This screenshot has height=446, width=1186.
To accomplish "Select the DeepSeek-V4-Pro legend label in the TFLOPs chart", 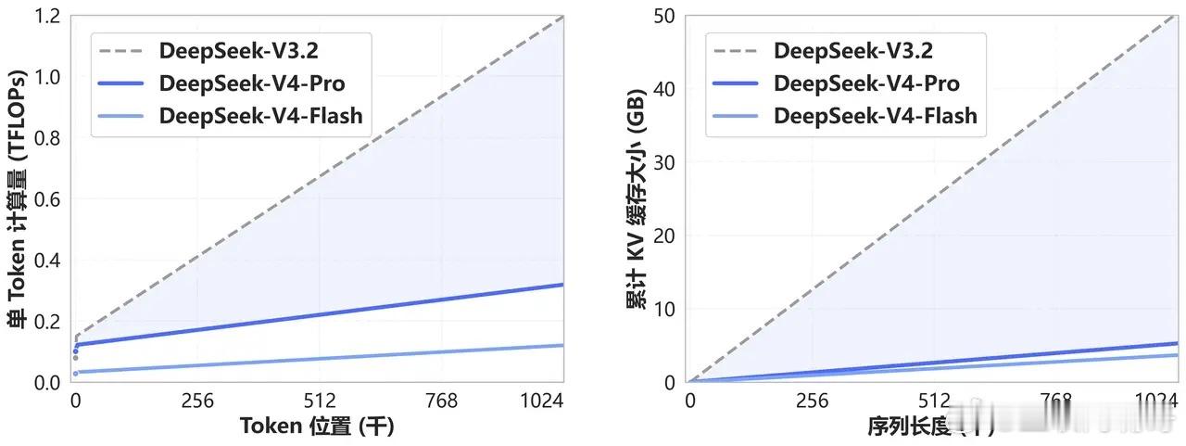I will (252, 83).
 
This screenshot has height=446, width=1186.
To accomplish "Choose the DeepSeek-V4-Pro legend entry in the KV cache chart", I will (866, 83).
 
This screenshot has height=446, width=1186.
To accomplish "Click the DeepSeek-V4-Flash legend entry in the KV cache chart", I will (876, 116).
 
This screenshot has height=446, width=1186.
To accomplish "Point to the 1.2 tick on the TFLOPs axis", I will (48, 17).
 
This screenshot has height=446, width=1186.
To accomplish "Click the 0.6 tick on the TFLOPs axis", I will (48, 199).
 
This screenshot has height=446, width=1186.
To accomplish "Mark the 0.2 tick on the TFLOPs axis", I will (48, 322).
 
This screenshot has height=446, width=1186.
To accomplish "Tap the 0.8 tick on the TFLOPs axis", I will (48, 138).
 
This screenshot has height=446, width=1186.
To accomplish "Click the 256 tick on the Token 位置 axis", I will (198, 401).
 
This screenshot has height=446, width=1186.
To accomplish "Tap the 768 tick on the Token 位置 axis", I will (441, 401).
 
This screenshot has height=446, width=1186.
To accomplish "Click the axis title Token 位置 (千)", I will (318, 427).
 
